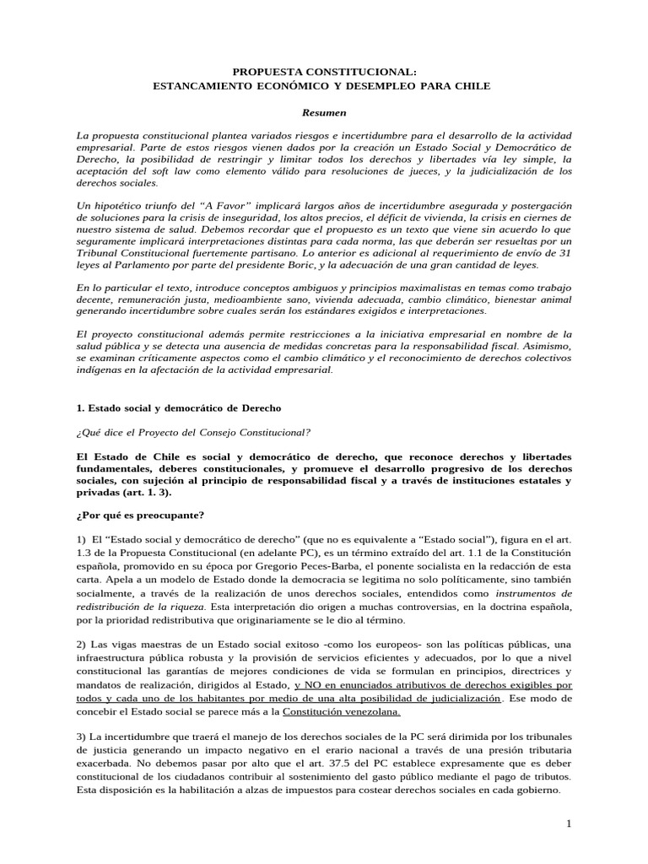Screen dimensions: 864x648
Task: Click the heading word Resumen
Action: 323,112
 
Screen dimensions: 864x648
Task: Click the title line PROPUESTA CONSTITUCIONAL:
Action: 323,73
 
